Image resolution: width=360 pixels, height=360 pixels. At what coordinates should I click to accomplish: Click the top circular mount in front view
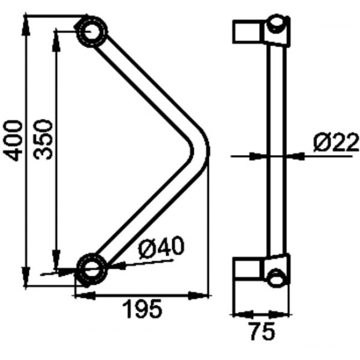90,30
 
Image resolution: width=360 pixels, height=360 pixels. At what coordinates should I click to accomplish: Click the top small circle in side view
277,24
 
